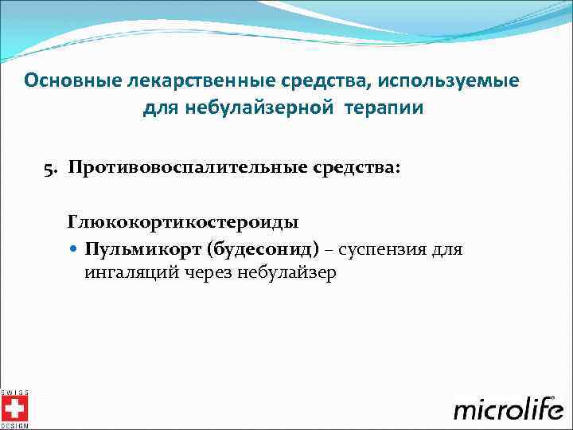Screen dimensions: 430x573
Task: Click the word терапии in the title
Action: [x=385, y=108]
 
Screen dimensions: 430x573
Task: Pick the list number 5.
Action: [x=49, y=168]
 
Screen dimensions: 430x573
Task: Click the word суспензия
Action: [x=384, y=250]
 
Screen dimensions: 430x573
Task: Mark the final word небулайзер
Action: [x=286, y=272]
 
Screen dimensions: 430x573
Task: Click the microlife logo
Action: [x=509, y=408]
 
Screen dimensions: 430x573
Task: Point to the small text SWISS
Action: [x=14, y=393]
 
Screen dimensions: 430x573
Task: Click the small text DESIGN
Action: [x=14, y=426]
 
